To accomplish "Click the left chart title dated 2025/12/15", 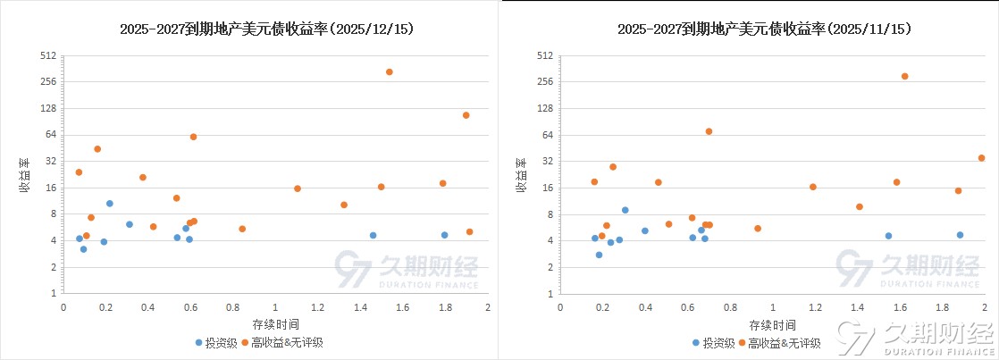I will pos(266,29).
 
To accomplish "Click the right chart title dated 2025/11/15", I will pos(764,29).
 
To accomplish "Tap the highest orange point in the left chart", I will pos(389,71).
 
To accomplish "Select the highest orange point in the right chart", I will pos(904,76).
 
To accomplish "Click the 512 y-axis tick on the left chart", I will pos(47,55).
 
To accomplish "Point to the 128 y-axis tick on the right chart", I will pos(544,108).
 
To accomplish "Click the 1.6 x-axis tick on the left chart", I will pos(403,307).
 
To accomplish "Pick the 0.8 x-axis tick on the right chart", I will pos(730,307).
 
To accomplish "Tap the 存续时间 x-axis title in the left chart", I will pos(275,323).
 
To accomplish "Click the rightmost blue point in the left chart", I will pos(444,235).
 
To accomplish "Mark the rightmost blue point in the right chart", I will pos(960,235).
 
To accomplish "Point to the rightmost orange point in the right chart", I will pos(981,158).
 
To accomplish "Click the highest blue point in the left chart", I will pos(110,204).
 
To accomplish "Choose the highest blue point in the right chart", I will pos(625,210).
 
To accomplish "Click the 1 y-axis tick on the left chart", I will pos(53,293).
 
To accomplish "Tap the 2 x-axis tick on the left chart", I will pos(488,307).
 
